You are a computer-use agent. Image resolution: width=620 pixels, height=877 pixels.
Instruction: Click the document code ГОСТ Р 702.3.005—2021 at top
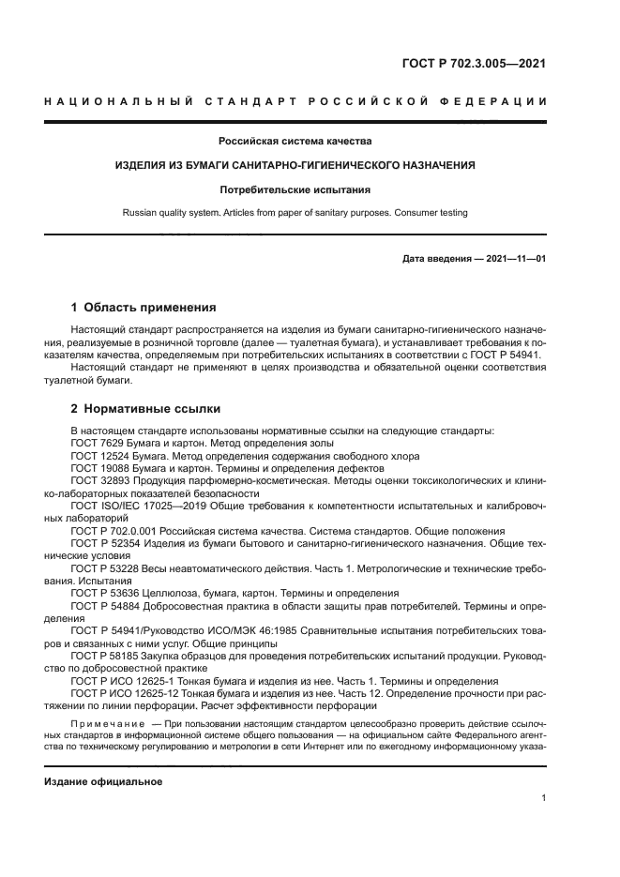pos(475,65)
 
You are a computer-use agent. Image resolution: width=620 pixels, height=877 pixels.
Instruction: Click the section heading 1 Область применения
pos(144,307)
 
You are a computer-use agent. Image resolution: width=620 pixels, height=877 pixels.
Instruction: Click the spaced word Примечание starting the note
pos(109,722)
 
